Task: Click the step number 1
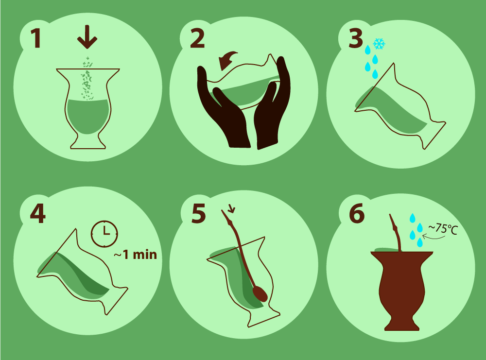[x=36, y=38]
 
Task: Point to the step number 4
[x=38, y=213]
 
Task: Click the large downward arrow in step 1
[x=87, y=37]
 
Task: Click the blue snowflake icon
[x=379, y=44]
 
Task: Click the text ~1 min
[x=136, y=255]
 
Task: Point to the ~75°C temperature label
[x=443, y=229]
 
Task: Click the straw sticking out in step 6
[x=395, y=232]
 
